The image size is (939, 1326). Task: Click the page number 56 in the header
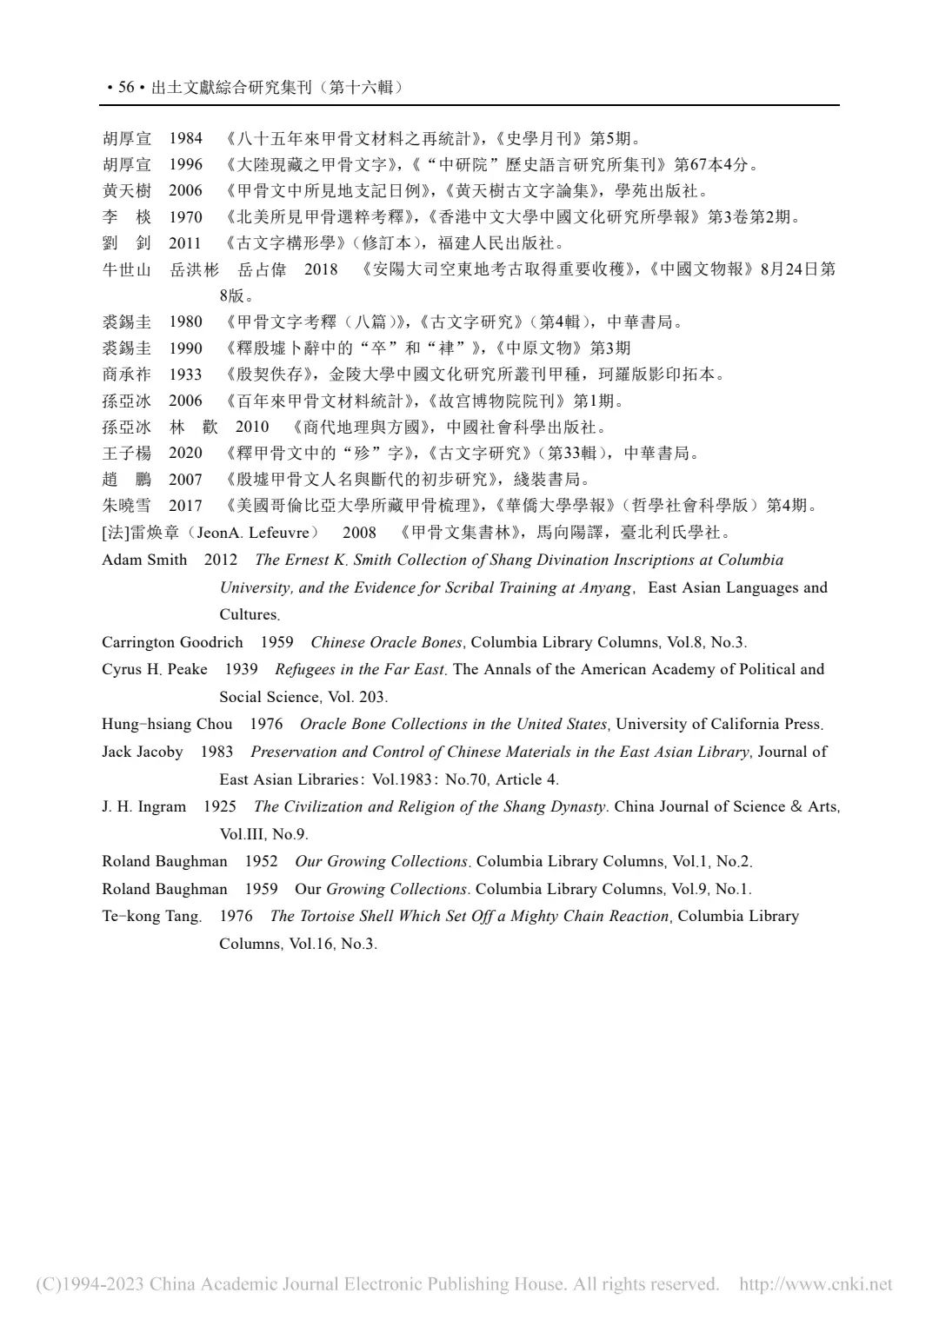point(126,87)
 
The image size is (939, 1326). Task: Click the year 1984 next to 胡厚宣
point(185,138)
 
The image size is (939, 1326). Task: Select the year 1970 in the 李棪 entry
point(185,217)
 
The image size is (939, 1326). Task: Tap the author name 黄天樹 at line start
point(127,191)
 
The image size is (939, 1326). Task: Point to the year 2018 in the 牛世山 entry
point(321,269)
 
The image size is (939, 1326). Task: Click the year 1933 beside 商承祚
point(185,375)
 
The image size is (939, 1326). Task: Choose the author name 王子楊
point(127,453)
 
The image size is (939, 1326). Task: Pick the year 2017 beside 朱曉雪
point(185,506)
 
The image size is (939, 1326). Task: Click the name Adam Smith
point(144,560)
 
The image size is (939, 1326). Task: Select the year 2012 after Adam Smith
point(221,560)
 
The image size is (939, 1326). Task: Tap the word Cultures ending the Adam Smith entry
point(248,614)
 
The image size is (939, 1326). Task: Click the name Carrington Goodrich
point(172,642)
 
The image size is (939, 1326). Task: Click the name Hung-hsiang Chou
point(167,724)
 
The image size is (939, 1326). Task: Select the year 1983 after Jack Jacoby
point(217,752)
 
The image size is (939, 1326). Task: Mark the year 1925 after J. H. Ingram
point(220,806)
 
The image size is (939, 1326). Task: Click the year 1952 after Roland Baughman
point(262,861)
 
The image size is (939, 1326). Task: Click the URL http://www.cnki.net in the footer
point(816,1284)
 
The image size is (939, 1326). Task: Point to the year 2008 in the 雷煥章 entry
point(359,532)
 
